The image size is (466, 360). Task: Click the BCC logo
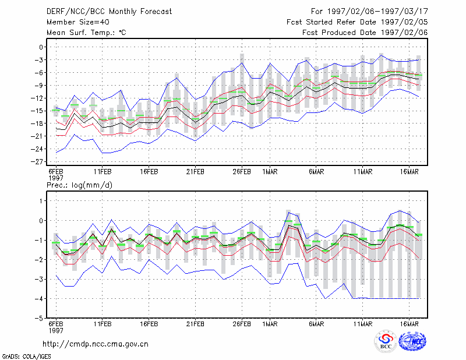pyautogui.click(x=386, y=341)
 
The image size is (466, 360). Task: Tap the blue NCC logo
pyautogui.click(x=412, y=341)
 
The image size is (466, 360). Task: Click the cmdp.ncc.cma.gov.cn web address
pyautogui.click(x=96, y=344)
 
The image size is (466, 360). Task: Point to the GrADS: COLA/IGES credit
pyautogui.click(x=26, y=357)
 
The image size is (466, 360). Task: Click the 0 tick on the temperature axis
pyautogui.click(x=41, y=47)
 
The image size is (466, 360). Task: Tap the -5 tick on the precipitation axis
pyautogui.click(x=39, y=318)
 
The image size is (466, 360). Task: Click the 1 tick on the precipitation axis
pyautogui.click(x=41, y=201)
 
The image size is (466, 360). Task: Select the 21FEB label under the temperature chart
pyautogui.click(x=195, y=172)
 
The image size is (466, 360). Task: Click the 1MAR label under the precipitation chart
pyautogui.click(x=270, y=324)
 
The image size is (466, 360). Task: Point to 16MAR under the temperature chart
pyautogui.click(x=409, y=172)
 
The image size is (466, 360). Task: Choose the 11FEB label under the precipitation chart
pyautogui.click(x=103, y=324)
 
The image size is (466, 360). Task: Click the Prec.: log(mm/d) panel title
pyautogui.click(x=80, y=185)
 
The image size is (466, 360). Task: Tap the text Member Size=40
pyautogui.click(x=78, y=22)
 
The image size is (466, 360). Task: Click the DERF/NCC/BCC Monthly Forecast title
pyautogui.click(x=110, y=12)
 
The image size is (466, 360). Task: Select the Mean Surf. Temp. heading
pyautogui.click(x=86, y=33)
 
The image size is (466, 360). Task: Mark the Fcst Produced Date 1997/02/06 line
pyautogui.click(x=365, y=33)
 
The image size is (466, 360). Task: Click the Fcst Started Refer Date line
pyautogui.click(x=357, y=22)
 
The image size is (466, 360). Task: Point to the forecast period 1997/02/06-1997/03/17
pyautogui.click(x=377, y=12)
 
